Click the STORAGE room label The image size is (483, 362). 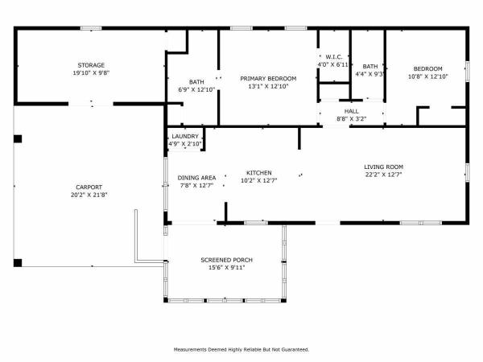coord(91,65)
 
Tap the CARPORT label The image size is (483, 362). coord(89,187)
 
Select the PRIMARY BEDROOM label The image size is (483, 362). coord(268,79)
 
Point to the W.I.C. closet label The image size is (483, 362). coord(334,57)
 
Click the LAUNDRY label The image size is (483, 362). coord(185,137)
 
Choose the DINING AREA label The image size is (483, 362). coord(197,178)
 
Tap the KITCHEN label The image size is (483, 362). coord(259,173)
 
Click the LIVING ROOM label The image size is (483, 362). coord(383,167)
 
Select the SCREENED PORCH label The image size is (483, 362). coord(227,260)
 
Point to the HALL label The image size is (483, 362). coord(352,111)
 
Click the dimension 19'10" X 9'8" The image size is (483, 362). coord(91,73)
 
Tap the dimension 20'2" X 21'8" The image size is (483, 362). coord(89,195)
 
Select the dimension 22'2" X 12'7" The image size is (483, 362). coord(383,175)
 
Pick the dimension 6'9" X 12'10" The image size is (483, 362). coord(196,90)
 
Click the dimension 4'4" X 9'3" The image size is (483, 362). coord(369,74)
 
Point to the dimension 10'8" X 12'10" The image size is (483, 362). coord(428,76)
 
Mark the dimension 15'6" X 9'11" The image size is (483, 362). coord(227,268)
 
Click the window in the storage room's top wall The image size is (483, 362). coord(91,28)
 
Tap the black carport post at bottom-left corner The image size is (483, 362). coord(18,263)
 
